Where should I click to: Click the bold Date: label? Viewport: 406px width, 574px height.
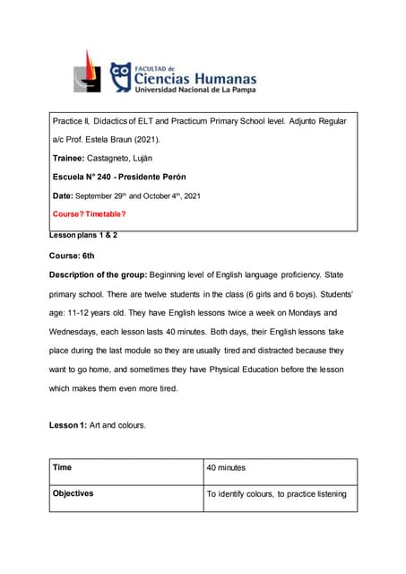tap(63, 196)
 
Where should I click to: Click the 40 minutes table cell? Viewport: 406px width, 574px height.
tap(281, 468)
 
